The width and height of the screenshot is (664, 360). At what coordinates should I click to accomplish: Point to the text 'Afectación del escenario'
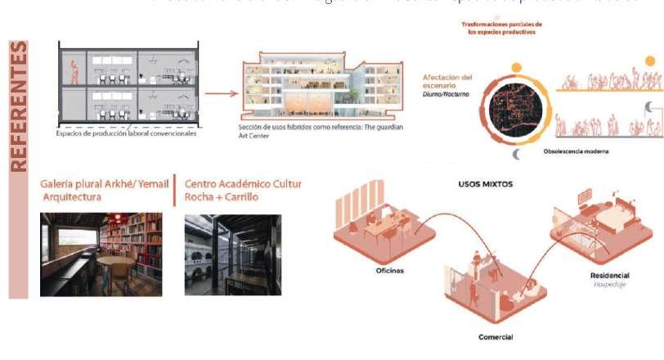point(447,83)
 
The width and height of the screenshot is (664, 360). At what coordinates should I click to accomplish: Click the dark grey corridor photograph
point(233,254)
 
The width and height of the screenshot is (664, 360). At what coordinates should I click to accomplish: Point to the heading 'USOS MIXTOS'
point(485,184)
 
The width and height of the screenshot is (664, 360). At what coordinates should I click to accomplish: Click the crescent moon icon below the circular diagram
point(516,155)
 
